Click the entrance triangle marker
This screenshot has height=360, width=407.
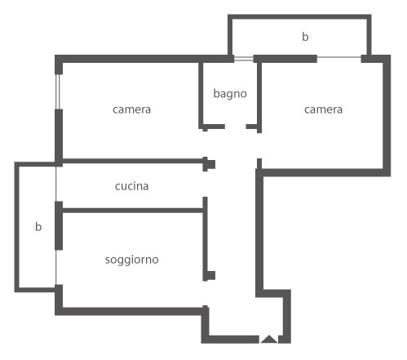click(269, 340)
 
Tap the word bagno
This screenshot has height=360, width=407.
click(230, 94)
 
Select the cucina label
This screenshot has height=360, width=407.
click(131, 186)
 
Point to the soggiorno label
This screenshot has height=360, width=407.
click(132, 260)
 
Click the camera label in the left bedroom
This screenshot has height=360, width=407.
click(131, 109)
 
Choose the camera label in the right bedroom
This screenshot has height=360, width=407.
click(323, 109)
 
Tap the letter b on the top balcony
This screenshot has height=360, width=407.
click(305, 37)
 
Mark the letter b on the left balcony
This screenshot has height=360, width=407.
click(38, 226)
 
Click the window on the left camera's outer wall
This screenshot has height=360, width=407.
click(58, 91)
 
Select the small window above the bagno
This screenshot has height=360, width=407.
click(244, 59)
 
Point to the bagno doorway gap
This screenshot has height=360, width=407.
click(236, 127)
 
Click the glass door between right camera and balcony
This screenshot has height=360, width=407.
click(339, 57)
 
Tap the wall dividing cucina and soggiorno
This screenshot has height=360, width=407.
click(133, 211)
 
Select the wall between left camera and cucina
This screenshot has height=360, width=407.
click(133, 161)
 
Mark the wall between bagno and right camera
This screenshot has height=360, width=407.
click(259, 96)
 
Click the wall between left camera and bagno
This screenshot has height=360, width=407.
click(201, 96)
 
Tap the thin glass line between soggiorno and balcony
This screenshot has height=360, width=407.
click(56, 267)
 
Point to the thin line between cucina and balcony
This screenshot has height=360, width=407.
click(55, 184)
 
